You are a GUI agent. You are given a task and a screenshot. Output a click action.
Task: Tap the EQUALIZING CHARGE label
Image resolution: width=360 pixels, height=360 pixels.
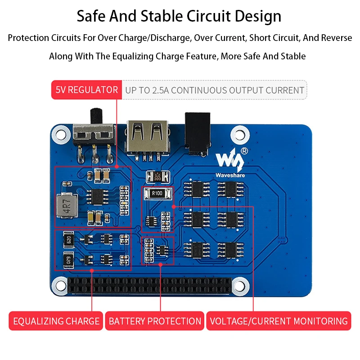[x=56, y=321]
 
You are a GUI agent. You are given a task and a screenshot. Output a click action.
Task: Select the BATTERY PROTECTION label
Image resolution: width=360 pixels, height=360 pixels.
[x=155, y=321]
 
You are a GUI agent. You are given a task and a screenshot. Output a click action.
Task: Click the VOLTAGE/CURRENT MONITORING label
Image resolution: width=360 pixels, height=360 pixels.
[x=279, y=321]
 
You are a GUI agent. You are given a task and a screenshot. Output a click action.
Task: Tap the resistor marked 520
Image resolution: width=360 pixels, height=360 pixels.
[x=68, y=239]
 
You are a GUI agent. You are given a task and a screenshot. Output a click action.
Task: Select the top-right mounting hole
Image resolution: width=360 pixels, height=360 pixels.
[x=241, y=133]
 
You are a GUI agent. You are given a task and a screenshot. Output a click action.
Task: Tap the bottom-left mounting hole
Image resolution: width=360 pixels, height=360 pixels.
[x=59, y=284]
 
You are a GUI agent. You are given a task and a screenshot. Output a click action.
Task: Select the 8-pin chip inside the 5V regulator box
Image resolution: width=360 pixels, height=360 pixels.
[x=97, y=195]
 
